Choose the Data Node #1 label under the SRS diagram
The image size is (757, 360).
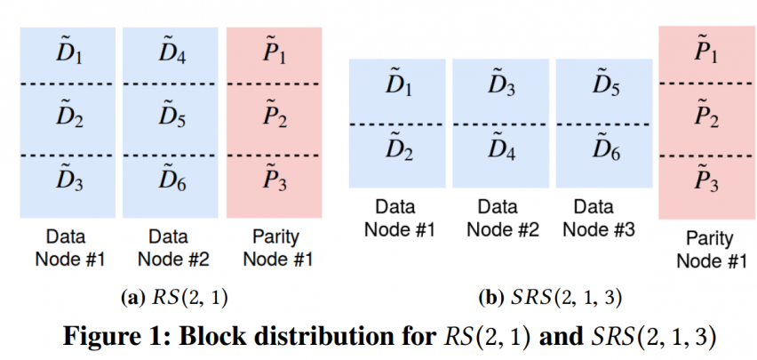(x=398, y=218)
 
